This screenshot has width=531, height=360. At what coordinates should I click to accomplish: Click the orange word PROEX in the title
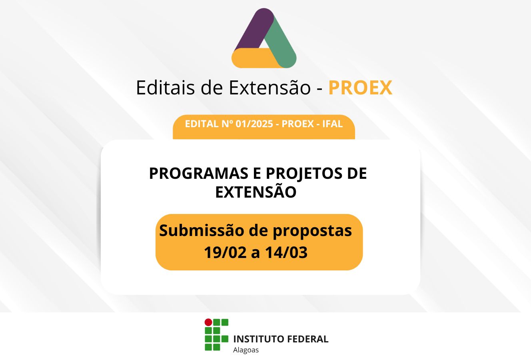point(360,88)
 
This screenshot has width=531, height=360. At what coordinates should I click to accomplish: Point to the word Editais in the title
point(166,88)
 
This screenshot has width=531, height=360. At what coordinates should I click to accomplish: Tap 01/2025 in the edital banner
point(254,124)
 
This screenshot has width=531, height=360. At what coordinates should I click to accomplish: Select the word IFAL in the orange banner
point(332,124)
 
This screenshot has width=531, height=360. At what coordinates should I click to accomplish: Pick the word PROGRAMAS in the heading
point(199,173)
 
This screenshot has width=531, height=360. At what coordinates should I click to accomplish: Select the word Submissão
point(202,230)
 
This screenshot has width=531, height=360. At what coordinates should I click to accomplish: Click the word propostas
point(312,232)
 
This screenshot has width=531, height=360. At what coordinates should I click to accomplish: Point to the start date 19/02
point(225,252)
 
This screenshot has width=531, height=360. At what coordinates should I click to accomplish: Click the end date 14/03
point(286,252)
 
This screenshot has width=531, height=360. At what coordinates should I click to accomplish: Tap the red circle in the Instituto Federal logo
point(208,322)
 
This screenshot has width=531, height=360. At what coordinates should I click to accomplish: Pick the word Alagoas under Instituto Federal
point(246,350)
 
